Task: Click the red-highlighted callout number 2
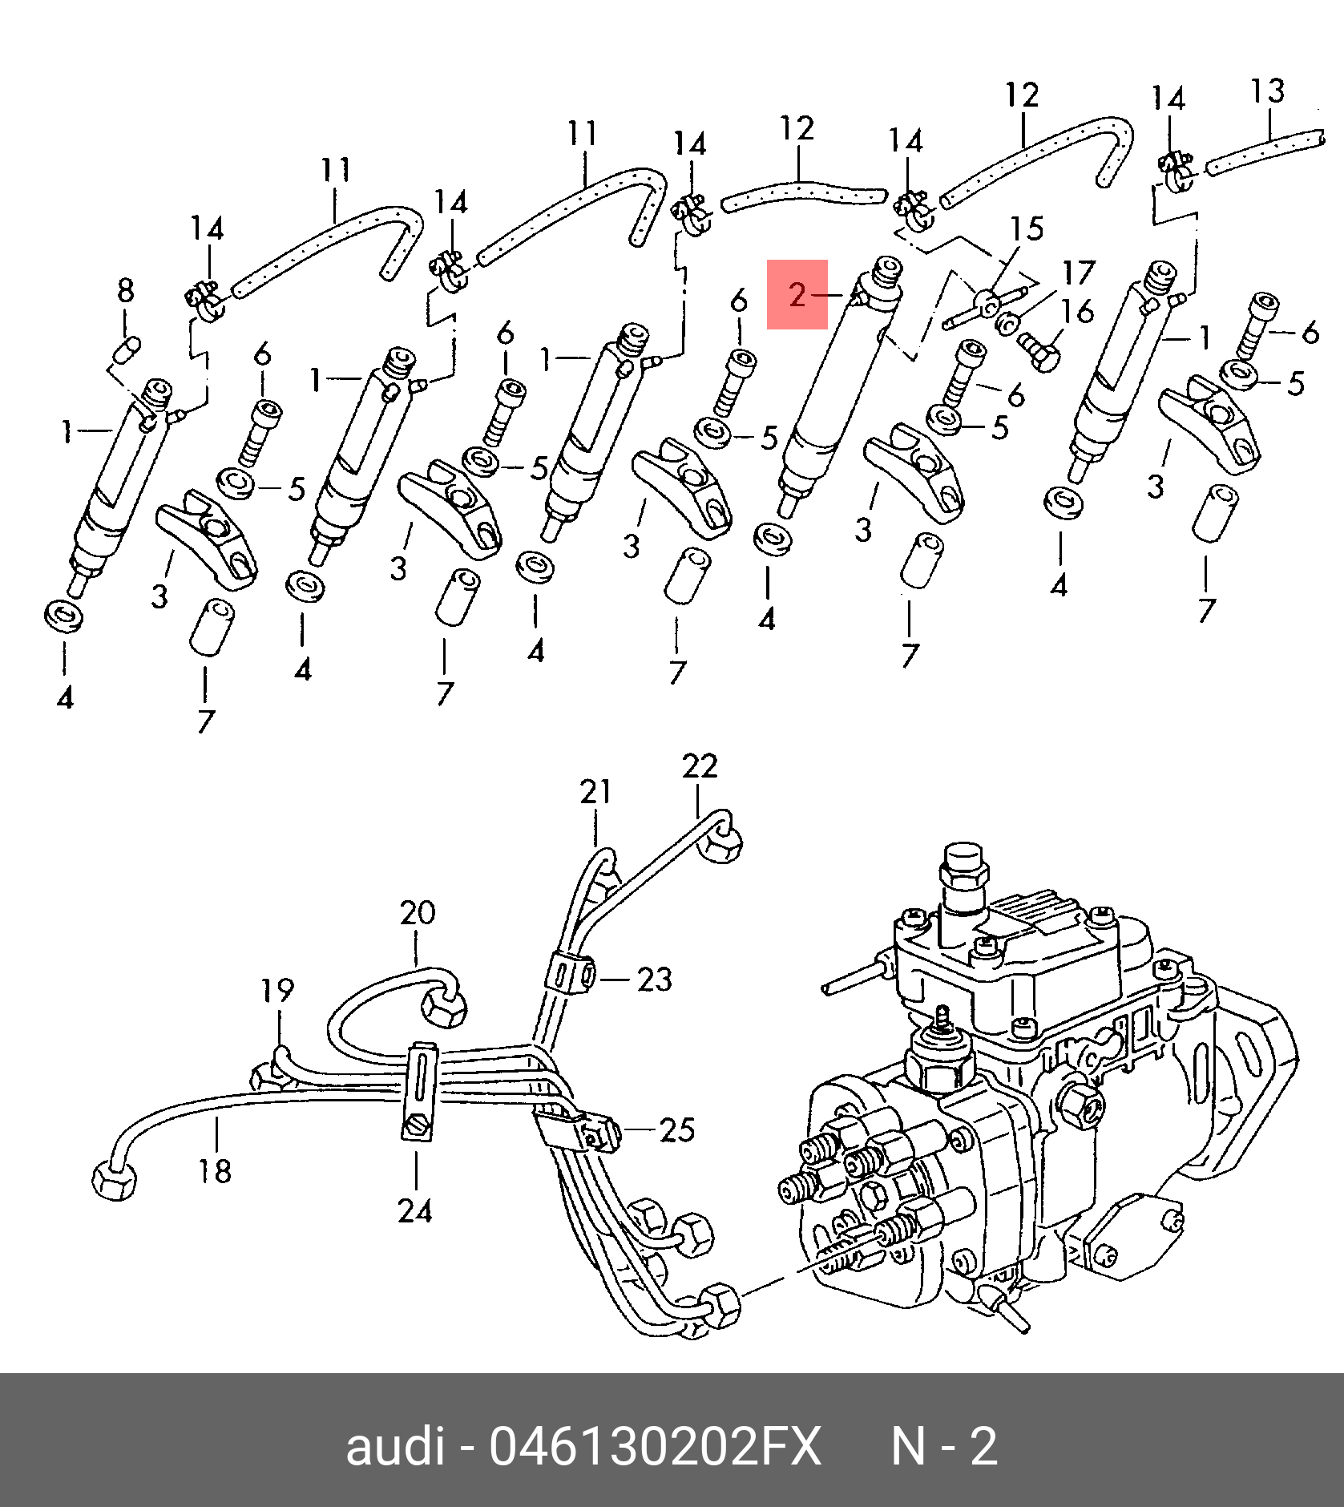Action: pyautogui.click(x=797, y=294)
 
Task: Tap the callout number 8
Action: pyautogui.click(x=126, y=290)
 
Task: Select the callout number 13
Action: pyautogui.click(x=1267, y=91)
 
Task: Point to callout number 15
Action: pyautogui.click(x=1027, y=229)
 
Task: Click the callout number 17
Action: pyautogui.click(x=1079, y=273)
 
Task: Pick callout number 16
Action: pyautogui.click(x=1077, y=311)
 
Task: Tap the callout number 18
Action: pyautogui.click(x=215, y=1172)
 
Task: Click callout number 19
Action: pyautogui.click(x=277, y=991)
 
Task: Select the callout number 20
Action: pyautogui.click(x=418, y=913)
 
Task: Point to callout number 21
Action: pyautogui.click(x=595, y=792)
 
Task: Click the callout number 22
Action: pyautogui.click(x=700, y=766)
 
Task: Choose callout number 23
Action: pyautogui.click(x=655, y=980)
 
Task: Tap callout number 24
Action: pyautogui.click(x=415, y=1211)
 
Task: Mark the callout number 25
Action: pyautogui.click(x=677, y=1130)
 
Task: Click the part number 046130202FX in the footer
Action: pyautogui.click(x=656, y=1447)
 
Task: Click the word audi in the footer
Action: pyautogui.click(x=394, y=1447)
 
